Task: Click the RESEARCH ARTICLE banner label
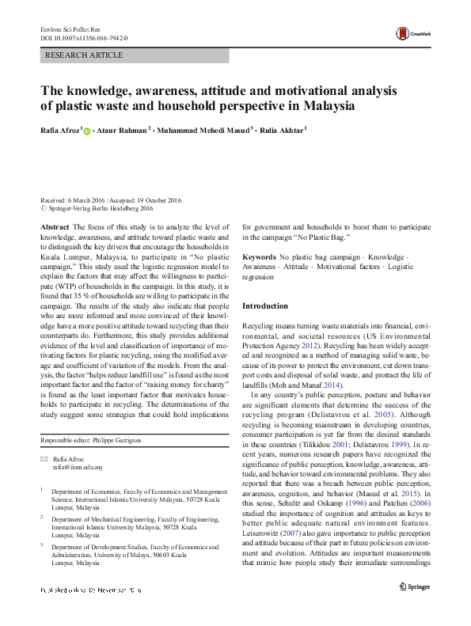84,55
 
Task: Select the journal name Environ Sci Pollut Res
67,28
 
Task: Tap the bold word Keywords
260,258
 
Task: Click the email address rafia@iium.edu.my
80,468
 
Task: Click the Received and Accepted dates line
110,200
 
